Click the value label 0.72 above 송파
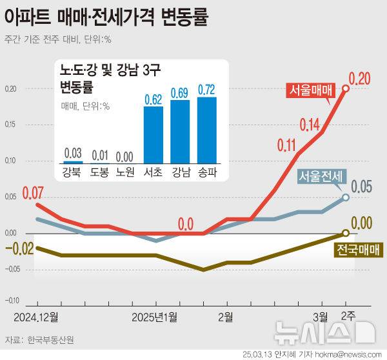[206, 90]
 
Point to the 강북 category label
[73, 171]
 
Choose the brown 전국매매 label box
[359, 250]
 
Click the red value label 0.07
[33, 192]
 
